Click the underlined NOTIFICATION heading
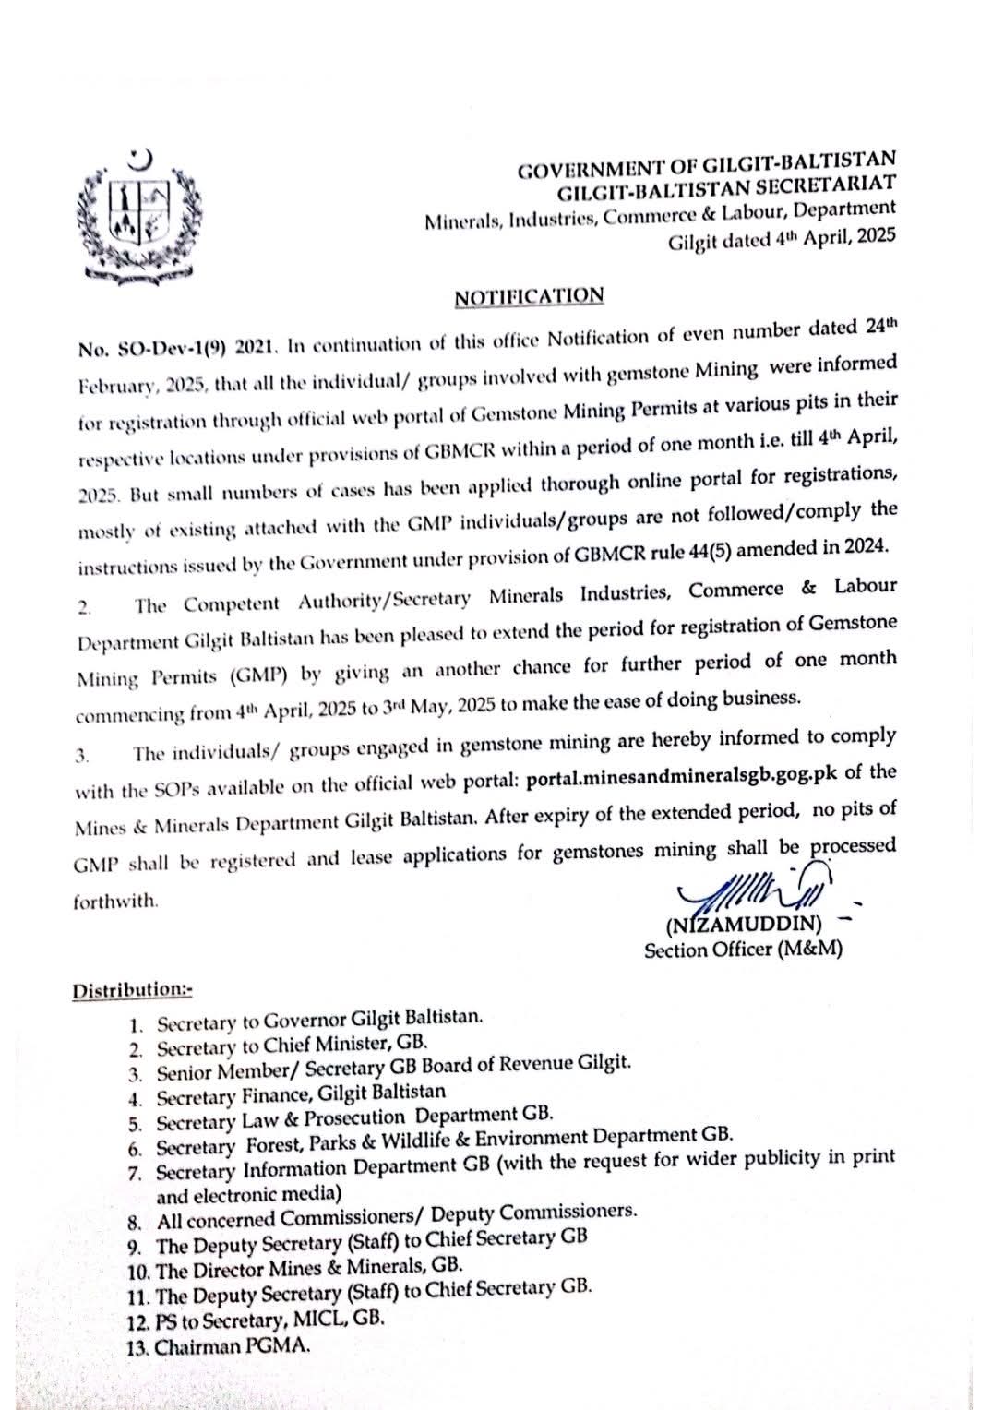pos(529,297)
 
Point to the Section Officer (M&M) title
pos(742,949)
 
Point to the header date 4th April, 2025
pos(812,238)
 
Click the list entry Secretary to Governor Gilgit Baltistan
pos(319,1021)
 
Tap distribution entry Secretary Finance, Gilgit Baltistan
pos(301,1096)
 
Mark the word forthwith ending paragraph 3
pos(115,902)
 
